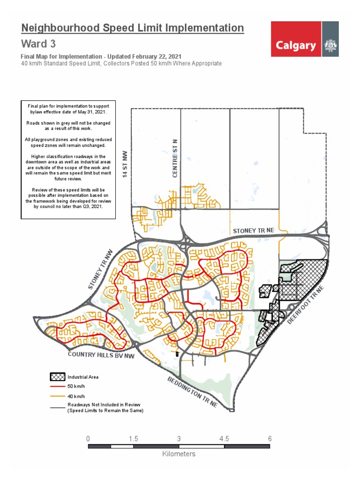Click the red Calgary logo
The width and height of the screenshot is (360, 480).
296,45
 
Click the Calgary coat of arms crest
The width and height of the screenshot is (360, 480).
330,46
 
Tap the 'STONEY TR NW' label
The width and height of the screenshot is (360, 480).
101,268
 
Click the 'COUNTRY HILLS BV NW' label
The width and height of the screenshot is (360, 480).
100,355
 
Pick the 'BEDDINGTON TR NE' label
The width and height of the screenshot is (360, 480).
192,391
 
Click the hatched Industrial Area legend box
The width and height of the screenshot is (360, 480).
57,376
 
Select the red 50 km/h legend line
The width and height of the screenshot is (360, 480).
57,386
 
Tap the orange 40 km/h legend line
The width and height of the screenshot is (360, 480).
57,396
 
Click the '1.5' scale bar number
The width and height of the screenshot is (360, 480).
133,439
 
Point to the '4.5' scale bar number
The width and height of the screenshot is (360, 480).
224,439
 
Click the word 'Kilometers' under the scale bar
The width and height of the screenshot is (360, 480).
179,454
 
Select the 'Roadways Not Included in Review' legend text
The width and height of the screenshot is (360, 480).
104,405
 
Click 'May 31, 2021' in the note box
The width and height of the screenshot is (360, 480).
92,112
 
